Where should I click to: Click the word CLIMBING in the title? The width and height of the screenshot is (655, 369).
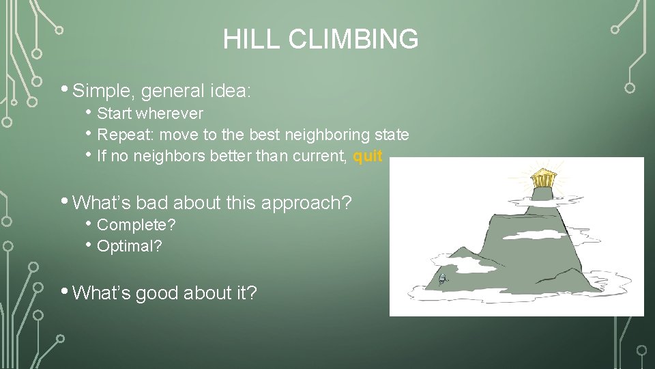[353, 40]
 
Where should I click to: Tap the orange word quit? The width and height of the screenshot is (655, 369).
[368, 156]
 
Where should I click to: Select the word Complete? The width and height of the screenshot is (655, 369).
[136, 225]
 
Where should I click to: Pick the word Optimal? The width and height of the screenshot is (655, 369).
[130, 247]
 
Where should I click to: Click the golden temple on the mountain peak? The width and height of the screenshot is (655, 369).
[543, 178]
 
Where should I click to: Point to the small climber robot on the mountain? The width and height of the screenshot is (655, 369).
[442, 278]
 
